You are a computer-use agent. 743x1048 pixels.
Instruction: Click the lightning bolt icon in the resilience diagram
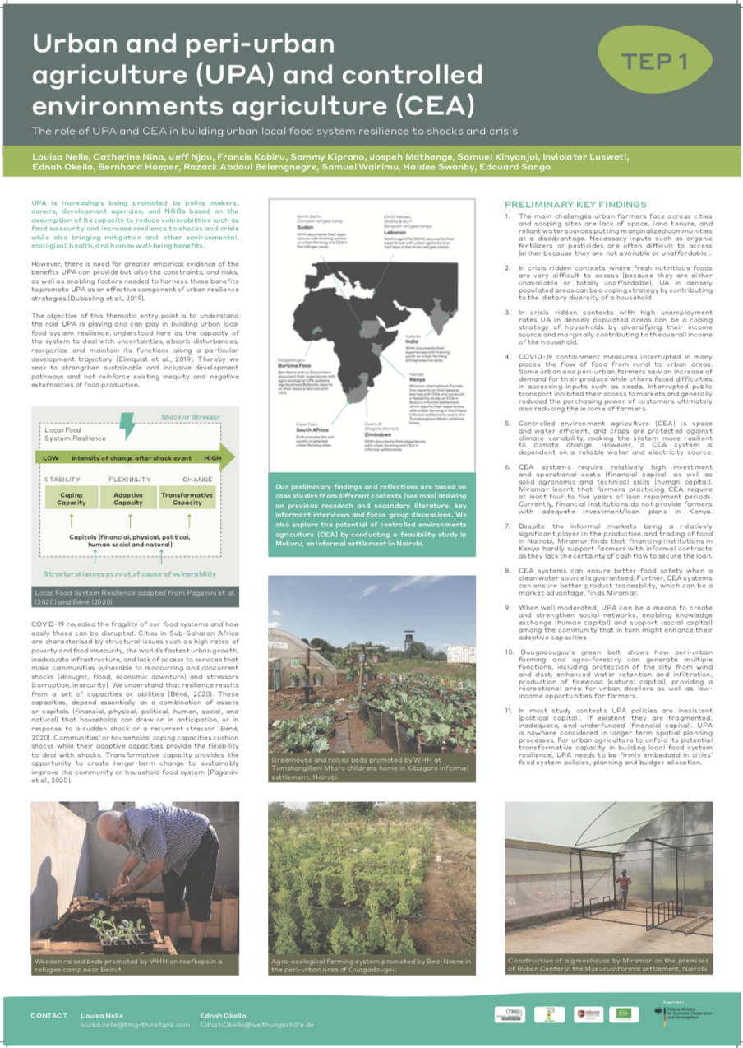(127, 426)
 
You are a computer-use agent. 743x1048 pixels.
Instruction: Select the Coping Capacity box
(71, 499)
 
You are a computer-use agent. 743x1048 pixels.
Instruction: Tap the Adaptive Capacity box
(127, 499)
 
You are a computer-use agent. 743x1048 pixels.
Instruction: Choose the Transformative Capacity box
(187, 499)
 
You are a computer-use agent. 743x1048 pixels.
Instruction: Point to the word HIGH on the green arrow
(212, 457)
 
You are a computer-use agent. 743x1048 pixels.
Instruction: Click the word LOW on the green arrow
(51, 457)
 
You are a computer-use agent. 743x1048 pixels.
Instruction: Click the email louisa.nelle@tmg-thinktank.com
(135, 1025)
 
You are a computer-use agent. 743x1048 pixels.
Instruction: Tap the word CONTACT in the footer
(49, 1015)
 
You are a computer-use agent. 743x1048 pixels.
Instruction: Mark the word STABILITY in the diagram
(62, 479)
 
